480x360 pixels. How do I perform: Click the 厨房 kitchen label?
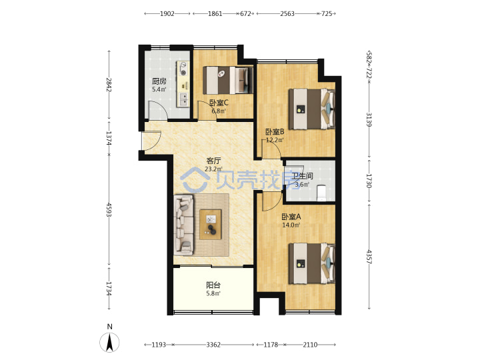(x=159, y=81)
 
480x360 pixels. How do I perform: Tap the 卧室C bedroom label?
(x=219, y=103)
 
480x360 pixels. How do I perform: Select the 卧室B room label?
(x=275, y=132)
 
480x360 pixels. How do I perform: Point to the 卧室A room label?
(x=291, y=217)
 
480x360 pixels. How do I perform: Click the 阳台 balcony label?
(x=213, y=285)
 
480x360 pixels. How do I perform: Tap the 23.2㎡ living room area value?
(x=213, y=169)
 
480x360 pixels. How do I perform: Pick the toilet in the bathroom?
(x=321, y=193)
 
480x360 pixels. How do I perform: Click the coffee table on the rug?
(x=210, y=225)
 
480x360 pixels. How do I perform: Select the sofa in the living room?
(x=184, y=225)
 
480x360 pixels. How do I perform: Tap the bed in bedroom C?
(x=228, y=80)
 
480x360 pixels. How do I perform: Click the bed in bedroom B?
(x=311, y=109)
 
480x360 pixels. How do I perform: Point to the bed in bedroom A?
(x=311, y=263)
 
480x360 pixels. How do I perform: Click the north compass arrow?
(x=109, y=342)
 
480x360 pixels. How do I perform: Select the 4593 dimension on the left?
(x=109, y=209)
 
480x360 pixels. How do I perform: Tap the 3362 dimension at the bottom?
(x=213, y=345)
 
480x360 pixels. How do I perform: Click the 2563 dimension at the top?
(x=287, y=13)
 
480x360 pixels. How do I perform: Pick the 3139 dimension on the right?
(x=369, y=120)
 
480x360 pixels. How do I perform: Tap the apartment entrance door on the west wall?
(x=151, y=141)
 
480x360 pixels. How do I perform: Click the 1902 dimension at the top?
(x=167, y=13)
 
